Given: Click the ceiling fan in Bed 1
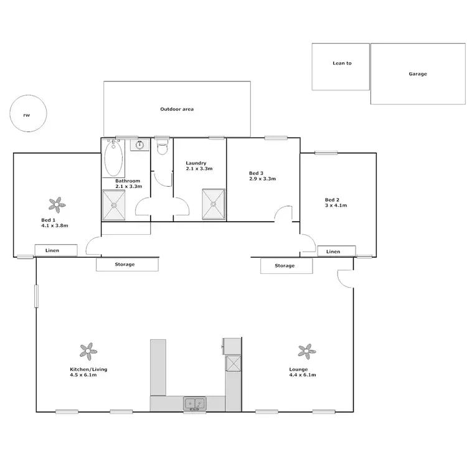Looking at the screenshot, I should (57, 203).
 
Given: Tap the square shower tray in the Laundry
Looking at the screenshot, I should (214, 204).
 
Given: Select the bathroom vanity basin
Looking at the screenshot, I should (139, 146).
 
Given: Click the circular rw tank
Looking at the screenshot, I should (27, 115).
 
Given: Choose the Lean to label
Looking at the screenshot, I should (342, 63).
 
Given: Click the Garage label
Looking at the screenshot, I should (418, 73).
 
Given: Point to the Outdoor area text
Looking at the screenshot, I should (177, 109).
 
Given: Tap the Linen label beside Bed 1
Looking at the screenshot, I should (53, 251).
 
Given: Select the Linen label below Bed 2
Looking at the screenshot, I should (333, 252).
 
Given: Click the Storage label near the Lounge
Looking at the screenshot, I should (285, 266).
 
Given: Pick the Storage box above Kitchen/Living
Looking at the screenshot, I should (125, 265).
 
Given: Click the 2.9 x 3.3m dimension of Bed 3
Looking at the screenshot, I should (262, 179).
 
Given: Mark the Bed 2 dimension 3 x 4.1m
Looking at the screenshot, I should (336, 205).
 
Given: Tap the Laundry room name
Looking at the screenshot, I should (196, 163).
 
